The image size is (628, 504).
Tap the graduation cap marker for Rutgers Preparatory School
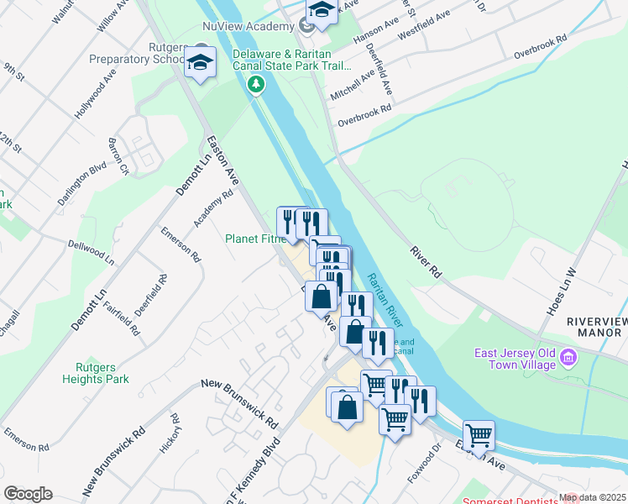[x=200, y=63]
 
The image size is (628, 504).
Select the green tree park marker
[x=256, y=84]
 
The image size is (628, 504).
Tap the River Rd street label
[x=426, y=261]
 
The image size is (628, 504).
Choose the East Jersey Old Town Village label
[x=509, y=359]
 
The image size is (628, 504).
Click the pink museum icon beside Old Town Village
[x=568, y=360]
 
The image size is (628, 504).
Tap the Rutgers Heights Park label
[x=95, y=373]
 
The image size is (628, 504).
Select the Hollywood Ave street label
[x=95, y=94]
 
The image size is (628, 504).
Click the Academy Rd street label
[x=213, y=207]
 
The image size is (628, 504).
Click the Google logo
[x=28, y=494]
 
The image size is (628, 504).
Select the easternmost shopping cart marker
[x=479, y=435]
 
